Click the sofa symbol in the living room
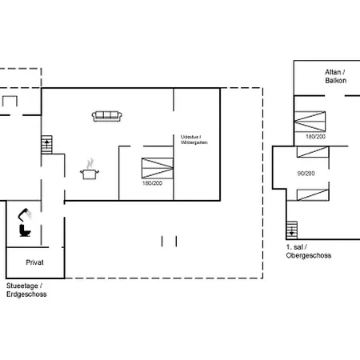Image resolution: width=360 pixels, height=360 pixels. tap(107, 116)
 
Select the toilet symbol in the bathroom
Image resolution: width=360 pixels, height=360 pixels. tap(25, 230)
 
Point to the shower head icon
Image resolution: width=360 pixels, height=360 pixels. tap(25, 214)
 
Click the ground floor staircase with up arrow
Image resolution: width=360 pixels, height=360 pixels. tap(46, 145)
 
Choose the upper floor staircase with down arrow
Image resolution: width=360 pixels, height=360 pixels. tap(292, 230)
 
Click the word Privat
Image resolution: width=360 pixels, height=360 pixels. tap(34, 262)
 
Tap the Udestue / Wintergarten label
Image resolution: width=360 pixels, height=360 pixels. tap(194, 140)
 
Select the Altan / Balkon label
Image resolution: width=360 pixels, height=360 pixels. tap(335, 76)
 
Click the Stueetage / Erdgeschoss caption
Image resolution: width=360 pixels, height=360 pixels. tap(26, 290)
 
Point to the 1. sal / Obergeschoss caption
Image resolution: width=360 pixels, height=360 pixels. tap(309, 251)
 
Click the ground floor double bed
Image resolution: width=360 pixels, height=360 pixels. tap(158, 168)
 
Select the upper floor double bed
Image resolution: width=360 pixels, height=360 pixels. tap(310, 122)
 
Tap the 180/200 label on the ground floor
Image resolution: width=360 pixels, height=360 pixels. tap(152, 183)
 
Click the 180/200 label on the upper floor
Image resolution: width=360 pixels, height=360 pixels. tap(315, 137)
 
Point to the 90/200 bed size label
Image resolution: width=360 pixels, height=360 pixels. tap(306, 174)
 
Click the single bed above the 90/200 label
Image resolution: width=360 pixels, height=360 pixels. tap(313, 152)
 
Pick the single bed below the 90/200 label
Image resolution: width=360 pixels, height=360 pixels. tap(313, 194)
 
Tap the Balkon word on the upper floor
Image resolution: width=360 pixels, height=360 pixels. tap(336, 81)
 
